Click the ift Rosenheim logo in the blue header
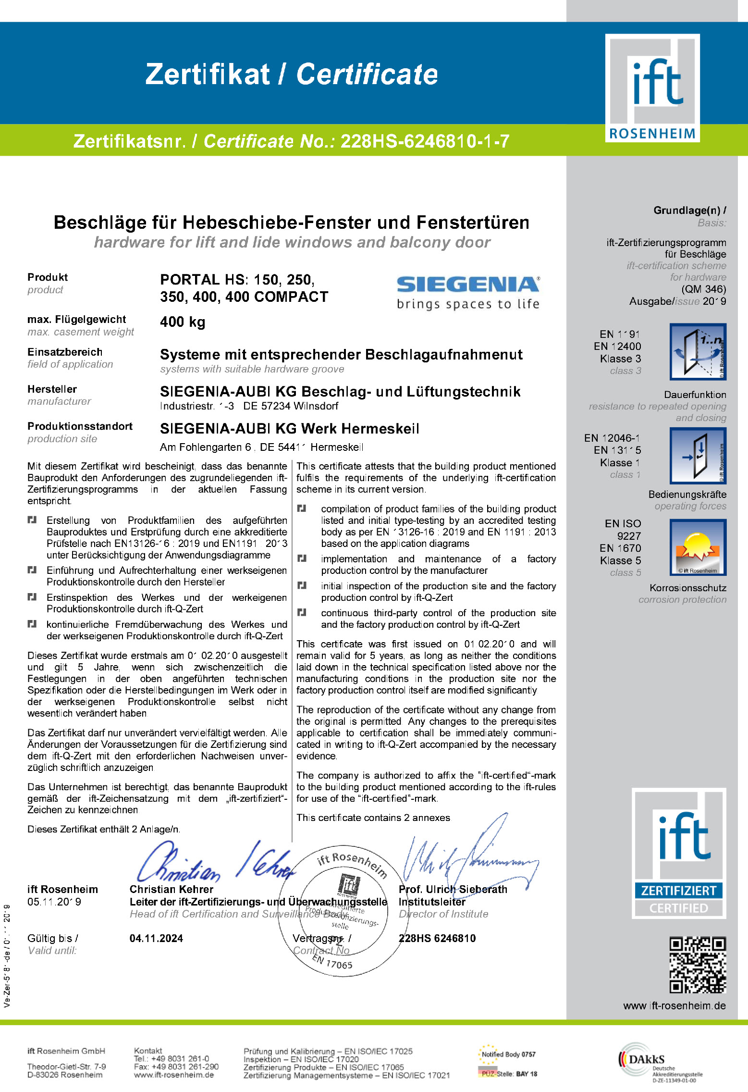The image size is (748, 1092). coord(652,88)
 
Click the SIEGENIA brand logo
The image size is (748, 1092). coord(468,292)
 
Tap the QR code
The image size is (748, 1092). coord(698,965)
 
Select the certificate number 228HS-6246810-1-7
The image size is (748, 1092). coord(425,141)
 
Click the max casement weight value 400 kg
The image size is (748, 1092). coord(183,322)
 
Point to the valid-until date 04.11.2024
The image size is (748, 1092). coord(156,938)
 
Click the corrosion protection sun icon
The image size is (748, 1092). coord(698,547)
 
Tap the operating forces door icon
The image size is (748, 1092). coord(698,455)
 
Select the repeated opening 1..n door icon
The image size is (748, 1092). coord(698,352)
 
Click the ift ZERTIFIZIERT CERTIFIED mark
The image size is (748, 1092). coord(678,854)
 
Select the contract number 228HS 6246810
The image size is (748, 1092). coord(437,938)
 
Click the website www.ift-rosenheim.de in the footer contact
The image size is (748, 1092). coord(173,1075)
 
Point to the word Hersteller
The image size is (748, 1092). coord(52,389)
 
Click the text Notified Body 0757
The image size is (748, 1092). coord(508,1054)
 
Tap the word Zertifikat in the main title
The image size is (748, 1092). coord(208,74)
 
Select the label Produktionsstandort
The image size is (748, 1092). coord(80,426)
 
